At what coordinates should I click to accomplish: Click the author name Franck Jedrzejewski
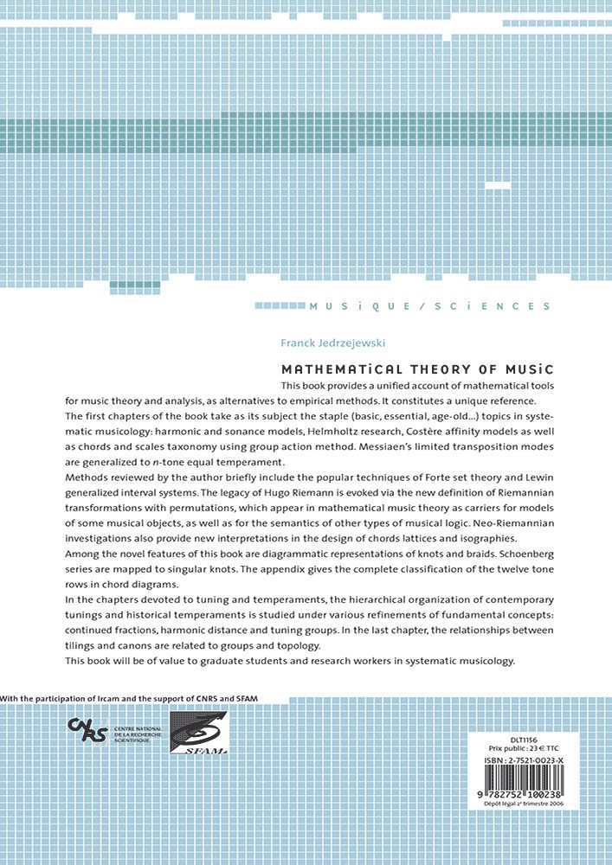(333, 343)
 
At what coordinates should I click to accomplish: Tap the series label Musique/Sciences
(430, 306)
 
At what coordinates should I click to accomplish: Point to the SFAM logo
(198, 733)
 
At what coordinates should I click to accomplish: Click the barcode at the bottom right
(521, 782)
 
